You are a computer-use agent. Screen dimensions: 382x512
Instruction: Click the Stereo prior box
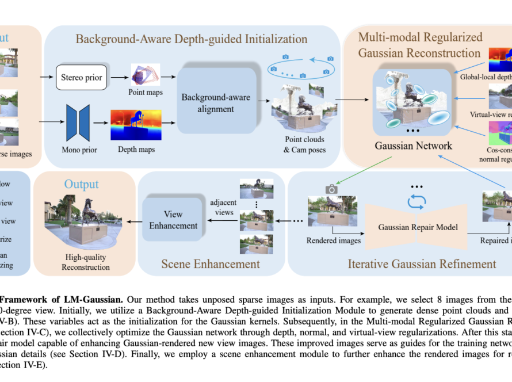coord(82,78)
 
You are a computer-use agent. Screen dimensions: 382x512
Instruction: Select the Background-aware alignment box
coord(216,103)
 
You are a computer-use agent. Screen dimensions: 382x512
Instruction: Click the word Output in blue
coord(81,184)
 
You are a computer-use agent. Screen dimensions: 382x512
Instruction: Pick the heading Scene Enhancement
coord(210,264)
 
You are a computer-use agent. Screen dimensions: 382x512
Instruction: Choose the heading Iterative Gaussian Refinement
coord(422,264)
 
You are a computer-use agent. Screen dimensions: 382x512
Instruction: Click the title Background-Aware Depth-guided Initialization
coord(192,39)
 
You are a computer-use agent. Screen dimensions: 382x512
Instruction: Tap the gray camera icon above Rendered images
coord(331,188)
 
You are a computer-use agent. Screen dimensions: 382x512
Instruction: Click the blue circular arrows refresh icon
coord(415,201)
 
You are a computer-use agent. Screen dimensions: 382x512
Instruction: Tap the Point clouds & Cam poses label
coord(304,144)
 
